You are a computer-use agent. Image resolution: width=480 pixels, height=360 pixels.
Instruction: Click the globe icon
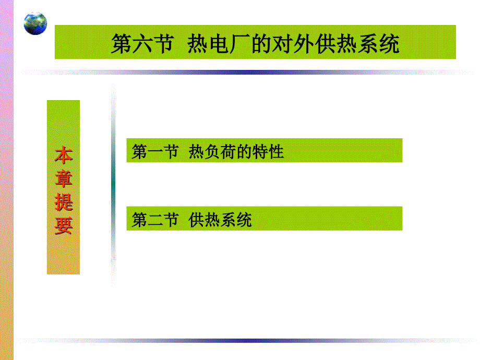point(35,23)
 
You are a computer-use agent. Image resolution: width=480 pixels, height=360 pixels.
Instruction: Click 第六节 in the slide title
point(142,44)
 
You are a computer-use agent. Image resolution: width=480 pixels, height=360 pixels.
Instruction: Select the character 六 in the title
point(142,44)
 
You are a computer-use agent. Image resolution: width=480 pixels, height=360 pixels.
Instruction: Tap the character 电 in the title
point(219,44)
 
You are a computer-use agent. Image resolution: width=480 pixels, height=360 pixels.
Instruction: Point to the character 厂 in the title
point(241,44)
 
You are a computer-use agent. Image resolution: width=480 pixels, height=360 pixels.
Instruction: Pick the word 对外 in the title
point(283,44)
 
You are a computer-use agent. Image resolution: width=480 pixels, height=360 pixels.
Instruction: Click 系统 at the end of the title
point(378,44)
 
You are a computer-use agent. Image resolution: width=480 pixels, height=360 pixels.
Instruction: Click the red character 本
point(64,155)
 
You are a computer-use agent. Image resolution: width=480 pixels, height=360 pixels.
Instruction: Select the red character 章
point(64,178)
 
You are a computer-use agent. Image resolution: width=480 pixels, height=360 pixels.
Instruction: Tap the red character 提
point(64,202)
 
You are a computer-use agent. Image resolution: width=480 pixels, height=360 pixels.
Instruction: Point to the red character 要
point(64,225)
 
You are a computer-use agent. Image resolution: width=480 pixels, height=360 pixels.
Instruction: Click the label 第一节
point(155,151)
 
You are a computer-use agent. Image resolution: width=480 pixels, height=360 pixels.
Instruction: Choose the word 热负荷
point(212,151)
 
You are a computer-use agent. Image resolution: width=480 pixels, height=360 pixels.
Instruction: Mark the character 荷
point(228,151)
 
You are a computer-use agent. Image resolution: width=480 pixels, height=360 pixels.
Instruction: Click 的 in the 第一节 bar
point(244,151)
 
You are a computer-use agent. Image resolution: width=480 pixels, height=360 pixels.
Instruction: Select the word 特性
point(268,151)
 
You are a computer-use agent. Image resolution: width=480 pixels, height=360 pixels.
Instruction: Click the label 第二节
point(155,220)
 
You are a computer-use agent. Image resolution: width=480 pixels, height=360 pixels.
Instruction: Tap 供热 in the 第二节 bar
point(204,220)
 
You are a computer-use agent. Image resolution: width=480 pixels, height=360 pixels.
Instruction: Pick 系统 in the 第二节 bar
point(236,220)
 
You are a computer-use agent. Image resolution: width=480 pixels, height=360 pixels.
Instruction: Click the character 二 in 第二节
point(155,220)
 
